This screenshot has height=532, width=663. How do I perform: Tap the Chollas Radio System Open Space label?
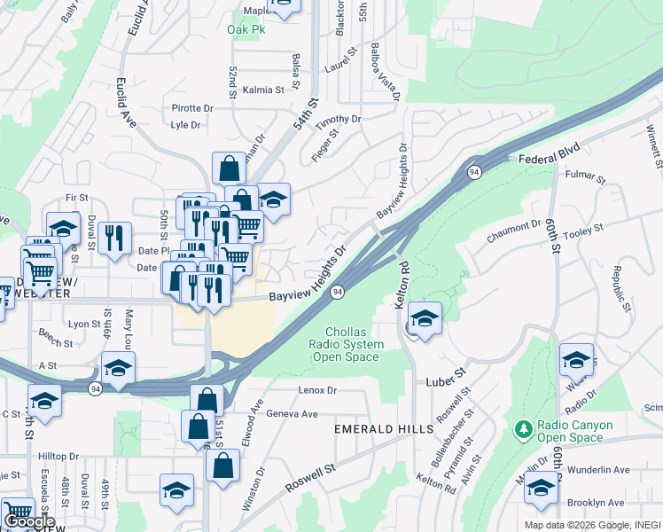point(347,344)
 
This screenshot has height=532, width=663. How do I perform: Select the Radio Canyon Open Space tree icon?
point(524,430)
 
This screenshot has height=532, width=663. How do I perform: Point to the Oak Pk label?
point(246,29)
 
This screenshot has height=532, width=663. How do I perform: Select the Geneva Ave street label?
point(292,414)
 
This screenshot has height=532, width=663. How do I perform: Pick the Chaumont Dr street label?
point(512,233)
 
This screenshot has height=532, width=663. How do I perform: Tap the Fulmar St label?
point(584,178)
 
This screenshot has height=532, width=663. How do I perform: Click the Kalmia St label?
point(263,90)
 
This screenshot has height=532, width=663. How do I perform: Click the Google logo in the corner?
point(29,522)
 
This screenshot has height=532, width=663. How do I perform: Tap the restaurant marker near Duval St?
point(114,238)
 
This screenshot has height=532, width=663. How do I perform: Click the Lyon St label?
point(85,325)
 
